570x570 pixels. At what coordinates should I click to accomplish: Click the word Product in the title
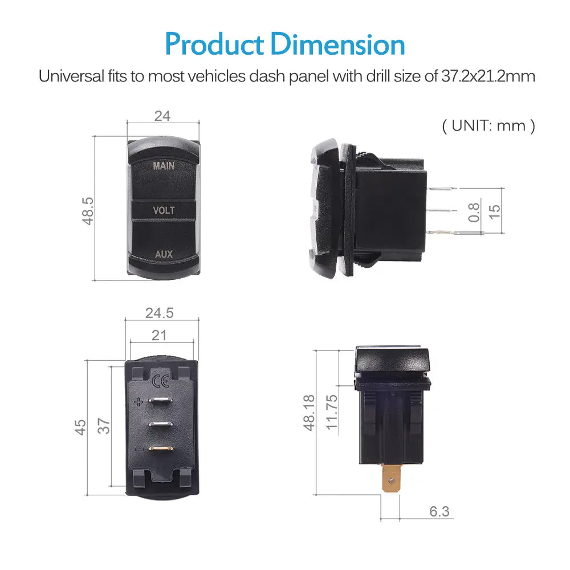214,44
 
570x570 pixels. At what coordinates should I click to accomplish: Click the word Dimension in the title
338,44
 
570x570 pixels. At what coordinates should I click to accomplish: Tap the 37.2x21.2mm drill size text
488,77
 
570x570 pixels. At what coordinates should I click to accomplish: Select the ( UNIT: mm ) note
488,126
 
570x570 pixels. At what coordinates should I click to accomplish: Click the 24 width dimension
162,116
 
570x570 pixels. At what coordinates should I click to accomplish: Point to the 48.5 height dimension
88,211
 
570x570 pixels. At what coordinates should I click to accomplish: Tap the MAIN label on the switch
164,166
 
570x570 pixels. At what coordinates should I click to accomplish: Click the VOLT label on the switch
164,210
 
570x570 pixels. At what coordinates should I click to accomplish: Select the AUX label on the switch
164,254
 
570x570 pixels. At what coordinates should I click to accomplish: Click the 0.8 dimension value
473,212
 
